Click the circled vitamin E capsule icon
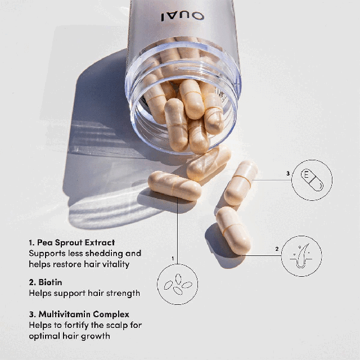[311, 180]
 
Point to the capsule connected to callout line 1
[174, 186]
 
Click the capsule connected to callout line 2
[233, 230]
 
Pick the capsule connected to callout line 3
[241, 183]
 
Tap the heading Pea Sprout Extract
[71, 242]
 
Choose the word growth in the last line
[96, 335]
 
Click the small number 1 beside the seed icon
[173, 258]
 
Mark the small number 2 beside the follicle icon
[277, 248]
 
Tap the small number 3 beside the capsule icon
[287, 173]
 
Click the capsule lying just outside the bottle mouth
[209, 163]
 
